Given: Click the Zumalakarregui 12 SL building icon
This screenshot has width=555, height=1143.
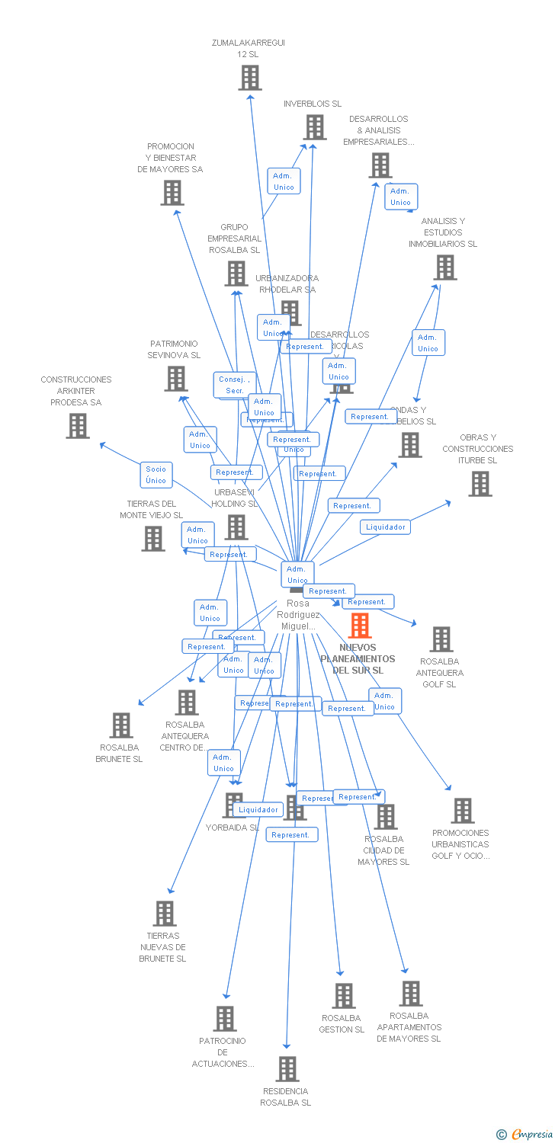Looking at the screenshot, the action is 250,78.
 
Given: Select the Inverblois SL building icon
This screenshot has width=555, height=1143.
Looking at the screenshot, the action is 314,127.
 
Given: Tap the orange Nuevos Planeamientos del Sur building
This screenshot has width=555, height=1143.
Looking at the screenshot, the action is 360,626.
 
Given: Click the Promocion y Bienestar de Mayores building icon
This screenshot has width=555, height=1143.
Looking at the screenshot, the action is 172,193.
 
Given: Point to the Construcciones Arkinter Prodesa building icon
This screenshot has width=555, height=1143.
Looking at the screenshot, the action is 78,426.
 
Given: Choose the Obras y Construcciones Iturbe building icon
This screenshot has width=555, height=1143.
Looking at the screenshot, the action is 480,484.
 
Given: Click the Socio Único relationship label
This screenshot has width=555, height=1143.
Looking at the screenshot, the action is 156,475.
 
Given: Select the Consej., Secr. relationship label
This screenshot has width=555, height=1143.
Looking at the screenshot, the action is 234,385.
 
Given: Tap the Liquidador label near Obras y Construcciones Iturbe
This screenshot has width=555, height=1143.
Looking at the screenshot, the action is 385,527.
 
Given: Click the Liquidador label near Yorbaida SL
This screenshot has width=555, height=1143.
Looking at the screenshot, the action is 258,809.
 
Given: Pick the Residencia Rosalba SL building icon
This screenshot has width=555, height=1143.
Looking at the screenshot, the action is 287,1069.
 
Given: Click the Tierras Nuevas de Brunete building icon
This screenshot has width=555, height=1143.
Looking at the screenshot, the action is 165,914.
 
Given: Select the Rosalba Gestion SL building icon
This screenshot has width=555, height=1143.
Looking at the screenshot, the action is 344,996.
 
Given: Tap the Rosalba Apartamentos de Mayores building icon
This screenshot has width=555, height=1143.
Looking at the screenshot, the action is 411,994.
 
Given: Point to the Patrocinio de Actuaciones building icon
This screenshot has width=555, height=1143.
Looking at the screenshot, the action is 225,1019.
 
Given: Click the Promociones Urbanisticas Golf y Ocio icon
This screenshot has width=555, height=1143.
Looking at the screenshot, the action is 462,811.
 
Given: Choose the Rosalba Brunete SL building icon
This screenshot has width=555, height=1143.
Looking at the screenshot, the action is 121,725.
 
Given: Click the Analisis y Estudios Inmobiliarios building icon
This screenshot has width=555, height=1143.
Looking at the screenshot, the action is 445,267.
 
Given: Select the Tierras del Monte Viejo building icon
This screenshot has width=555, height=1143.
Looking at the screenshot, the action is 153,539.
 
